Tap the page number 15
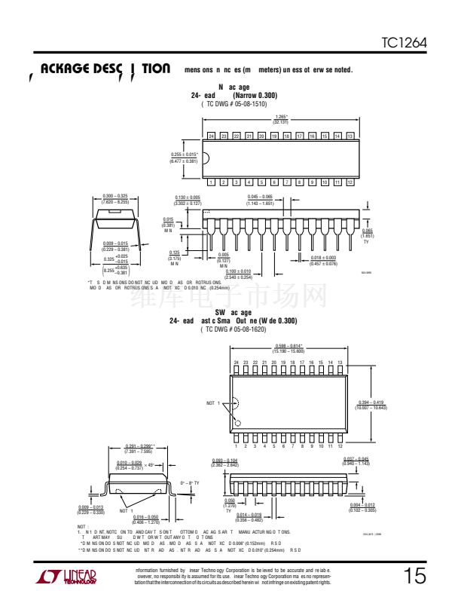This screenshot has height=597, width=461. pyautogui.click(x=414, y=577)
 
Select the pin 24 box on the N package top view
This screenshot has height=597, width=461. pyautogui.click(x=212, y=136)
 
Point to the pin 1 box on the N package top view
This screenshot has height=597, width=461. pyautogui.click(x=212, y=182)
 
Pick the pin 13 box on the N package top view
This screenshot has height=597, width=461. pyautogui.click(x=350, y=136)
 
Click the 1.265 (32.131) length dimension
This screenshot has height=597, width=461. pyautogui.click(x=280, y=119)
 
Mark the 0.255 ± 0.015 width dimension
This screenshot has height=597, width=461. pyautogui.click(x=184, y=158)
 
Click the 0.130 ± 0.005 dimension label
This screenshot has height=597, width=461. pyautogui.click(x=188, y=201)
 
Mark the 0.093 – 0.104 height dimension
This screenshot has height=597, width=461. pyautogui.click(x=224, y=462)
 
